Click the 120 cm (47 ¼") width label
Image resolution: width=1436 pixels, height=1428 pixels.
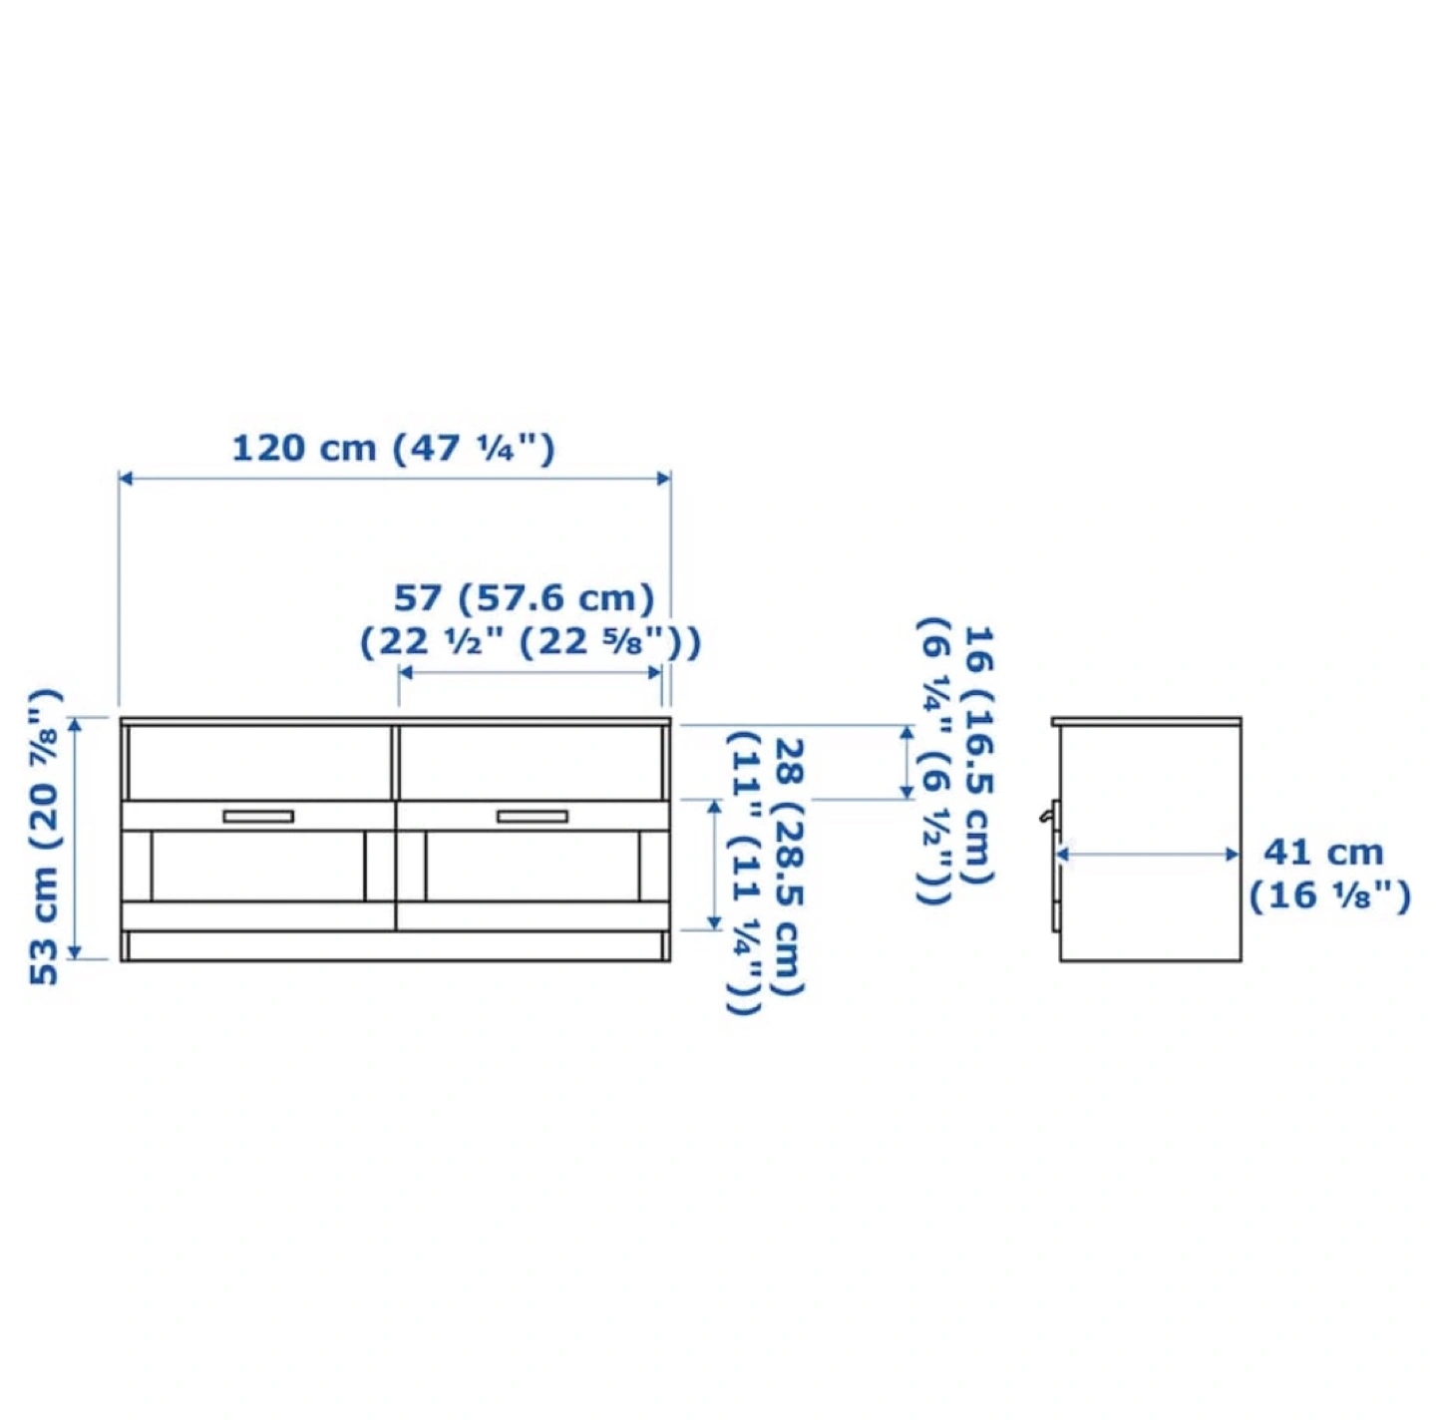pyautogui.click(x=394, y=448)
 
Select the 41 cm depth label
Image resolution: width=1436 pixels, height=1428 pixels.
pyautogui.click(x=1322, y=853)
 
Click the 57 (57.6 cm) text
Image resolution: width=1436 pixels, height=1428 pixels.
pyautogui.click(x=524, y=597)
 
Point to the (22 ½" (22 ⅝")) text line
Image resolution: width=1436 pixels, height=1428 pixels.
pyautogui.click(x=530, y=642)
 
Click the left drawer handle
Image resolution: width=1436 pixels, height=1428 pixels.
pyautogui.click(x=258, y=817)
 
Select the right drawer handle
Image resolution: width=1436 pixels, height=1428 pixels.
pyautogui.click(x=533, y=817)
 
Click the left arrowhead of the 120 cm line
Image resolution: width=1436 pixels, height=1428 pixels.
pyautogui.click(x=126, y=479)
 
